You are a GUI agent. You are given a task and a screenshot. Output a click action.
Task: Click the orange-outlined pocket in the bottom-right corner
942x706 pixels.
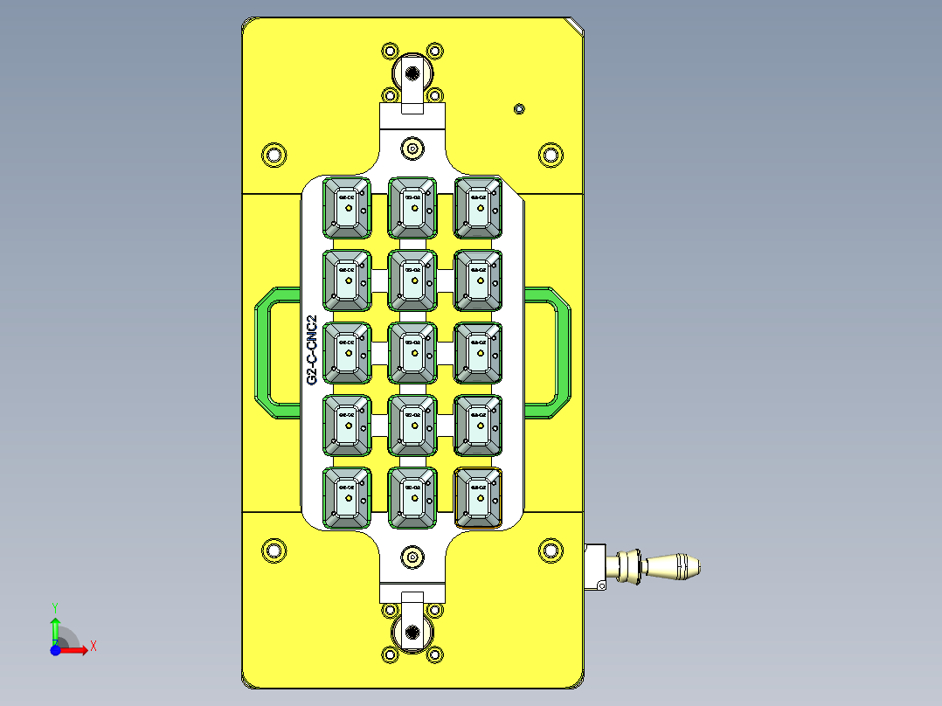[x=478, y=498]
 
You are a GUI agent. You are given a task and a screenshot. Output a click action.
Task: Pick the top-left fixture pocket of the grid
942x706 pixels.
[x=347, y=208]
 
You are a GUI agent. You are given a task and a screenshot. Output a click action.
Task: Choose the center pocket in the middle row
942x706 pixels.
[x=412, y=353]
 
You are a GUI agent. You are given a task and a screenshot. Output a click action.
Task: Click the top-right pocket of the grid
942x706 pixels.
[x=478, y=208]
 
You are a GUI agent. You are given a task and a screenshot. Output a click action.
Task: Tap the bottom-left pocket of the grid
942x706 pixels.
[x=347, y=498]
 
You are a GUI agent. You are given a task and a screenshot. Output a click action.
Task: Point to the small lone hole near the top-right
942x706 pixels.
[x=519, y=108]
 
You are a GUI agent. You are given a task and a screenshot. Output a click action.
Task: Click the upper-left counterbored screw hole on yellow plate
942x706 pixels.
[x=274, y=156]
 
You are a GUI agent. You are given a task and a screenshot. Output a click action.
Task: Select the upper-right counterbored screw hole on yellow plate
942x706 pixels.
[x=551, y=156]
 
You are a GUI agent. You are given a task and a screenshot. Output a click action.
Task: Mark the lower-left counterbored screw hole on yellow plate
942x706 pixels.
[x=274, y=550]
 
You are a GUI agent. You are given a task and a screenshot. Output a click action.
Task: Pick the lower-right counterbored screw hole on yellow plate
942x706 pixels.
[x=551, y=550]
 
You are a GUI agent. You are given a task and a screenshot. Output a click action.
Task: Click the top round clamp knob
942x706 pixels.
[x=412, y=72]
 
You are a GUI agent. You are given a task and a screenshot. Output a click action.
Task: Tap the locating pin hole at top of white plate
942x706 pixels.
[x=412, y=148]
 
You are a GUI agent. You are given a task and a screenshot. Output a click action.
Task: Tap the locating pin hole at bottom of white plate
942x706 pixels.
[x=412, y=557]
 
